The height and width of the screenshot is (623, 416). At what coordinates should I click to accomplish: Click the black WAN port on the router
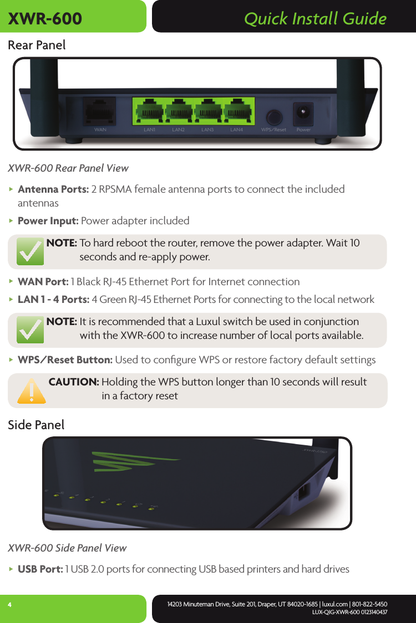click(x=100, y=111)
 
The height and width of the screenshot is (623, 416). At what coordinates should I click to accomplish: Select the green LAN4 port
click(x=237, y=110)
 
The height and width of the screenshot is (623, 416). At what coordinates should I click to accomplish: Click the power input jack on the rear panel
click(x=303, y=112)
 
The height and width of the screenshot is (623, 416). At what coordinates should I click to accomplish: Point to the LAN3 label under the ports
click(x=207, y=130)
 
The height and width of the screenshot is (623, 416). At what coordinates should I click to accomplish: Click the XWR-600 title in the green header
click(x=45, y=19)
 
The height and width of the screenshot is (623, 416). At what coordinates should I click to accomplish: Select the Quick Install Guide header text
click(x=315, y=19)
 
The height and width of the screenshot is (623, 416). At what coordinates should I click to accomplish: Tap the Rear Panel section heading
click(x=37, y=45)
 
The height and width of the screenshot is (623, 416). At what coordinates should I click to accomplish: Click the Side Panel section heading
click(x=36, y=425)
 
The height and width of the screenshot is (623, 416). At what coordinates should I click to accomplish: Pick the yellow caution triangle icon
click(x=31, y=390)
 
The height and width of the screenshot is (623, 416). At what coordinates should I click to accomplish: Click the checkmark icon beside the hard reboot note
click(x=30, y=252)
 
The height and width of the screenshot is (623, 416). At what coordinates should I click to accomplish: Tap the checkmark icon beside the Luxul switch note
click(x=30, y=330)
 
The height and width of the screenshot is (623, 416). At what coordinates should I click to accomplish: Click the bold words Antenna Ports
click(x=53, y=189)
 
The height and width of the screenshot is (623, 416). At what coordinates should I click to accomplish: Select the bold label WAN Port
click(x=43, y=281)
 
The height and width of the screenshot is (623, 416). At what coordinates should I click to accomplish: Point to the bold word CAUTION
click(x=74, y=382)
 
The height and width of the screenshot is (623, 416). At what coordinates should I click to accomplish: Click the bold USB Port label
click(x=40, y=569)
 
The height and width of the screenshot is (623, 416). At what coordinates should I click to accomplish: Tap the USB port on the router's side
click(x=305, y=492)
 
